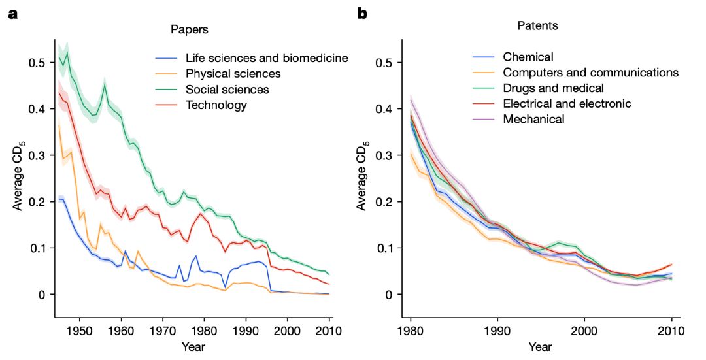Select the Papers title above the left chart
[x=190, y=29]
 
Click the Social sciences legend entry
[x=227, y=90]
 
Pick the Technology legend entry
[x=216, y=105]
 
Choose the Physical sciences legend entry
[x=233, y=74]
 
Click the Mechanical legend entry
[x=533, y=119]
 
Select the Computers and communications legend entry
[x=591, y=73]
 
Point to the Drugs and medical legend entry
[x=553, y=88]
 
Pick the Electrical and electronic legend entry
[x=567, y=103]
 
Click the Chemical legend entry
[x=528, y=57]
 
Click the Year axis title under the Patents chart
[x=541, y=346]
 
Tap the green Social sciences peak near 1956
[x=104, y=83]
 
